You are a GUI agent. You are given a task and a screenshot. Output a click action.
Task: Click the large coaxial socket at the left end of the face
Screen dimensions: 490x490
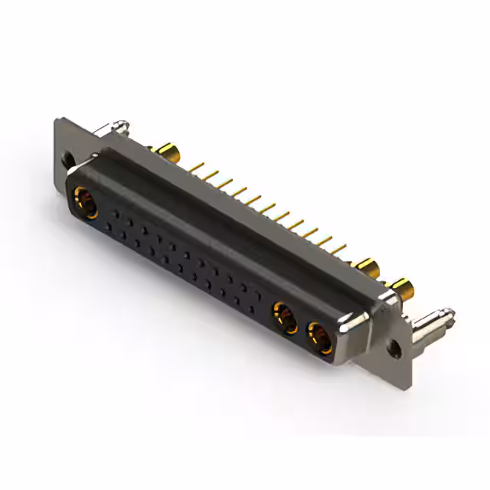coord(86,204)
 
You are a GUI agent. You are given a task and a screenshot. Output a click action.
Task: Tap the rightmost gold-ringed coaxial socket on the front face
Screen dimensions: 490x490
coord(320,338)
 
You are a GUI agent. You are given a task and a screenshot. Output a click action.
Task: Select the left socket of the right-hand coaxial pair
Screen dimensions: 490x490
coord(286,317)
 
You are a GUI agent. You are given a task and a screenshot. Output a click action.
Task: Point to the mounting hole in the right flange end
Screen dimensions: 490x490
coord(393,348)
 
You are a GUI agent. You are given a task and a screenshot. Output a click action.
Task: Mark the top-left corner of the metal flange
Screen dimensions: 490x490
coord(58,119)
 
